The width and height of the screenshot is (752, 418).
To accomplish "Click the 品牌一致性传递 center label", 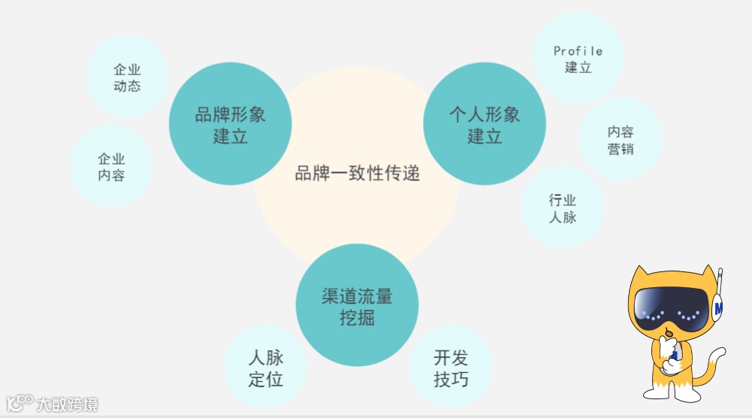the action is coord(357,174).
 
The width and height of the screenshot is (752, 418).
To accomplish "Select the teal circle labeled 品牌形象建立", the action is coord(230,124).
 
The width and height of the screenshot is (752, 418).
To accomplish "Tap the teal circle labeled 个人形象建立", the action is coord(485,124).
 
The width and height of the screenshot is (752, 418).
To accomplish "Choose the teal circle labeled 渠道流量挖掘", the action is coord(357,305).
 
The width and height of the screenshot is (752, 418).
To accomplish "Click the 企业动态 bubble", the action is coord(127,77).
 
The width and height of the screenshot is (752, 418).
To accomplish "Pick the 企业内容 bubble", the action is coord(111,166).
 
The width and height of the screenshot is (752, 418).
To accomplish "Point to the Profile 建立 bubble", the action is coord(578,59).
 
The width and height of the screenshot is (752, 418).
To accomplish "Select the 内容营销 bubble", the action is coord(621,140).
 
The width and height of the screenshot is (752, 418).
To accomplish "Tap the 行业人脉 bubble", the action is coord(562,208).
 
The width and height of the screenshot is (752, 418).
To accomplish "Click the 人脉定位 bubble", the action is coord(265,368).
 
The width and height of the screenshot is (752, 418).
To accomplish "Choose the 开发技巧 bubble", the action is coord(451,368).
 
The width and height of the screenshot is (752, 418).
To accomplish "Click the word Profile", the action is coord(578,51).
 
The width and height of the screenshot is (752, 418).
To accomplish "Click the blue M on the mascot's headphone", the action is coord(719,307).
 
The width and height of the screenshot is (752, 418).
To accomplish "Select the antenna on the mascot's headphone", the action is coord(719,281).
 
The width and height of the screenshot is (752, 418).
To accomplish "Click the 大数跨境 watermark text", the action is coord(68,404).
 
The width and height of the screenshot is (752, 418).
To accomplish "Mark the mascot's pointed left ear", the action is coord(641,277).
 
